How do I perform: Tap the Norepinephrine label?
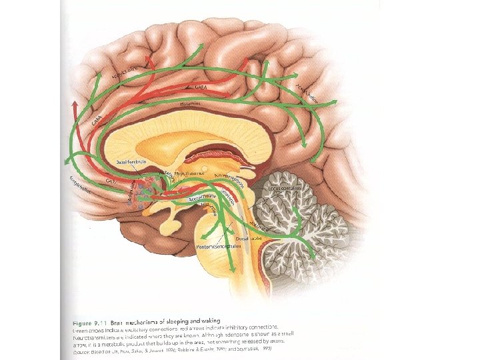(231, 175)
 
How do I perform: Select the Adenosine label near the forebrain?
(133, 192)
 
